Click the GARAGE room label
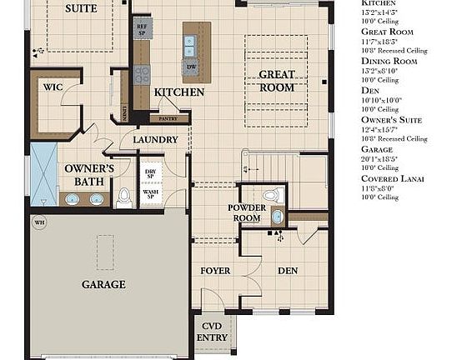tap(103, 284)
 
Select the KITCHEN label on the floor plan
tap(179, 92)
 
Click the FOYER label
tap(215, 271)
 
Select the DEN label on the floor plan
tap(288, 271)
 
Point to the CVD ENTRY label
tap(212, 332)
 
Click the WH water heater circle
tap(38, 222)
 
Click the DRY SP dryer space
tap(150, 174)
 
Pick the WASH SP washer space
tap(150, 196)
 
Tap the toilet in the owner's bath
tap(124, 197)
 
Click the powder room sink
tap(278, 217)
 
